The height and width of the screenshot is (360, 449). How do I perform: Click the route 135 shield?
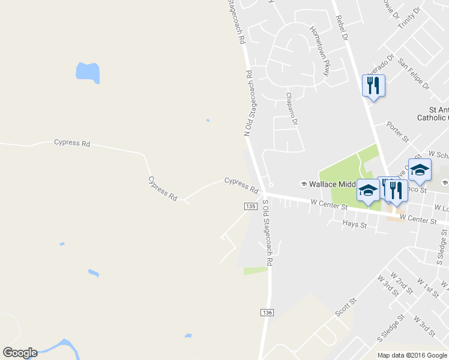[251, 206]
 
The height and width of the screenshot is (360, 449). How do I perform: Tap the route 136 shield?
[268, 313]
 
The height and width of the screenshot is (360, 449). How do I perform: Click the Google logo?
[20, 353]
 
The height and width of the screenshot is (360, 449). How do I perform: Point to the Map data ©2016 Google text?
[412, 355]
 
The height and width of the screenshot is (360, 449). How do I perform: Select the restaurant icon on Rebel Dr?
[373, 86]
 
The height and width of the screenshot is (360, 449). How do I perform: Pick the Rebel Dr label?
[342, 28]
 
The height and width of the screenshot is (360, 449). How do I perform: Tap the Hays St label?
[354, 224]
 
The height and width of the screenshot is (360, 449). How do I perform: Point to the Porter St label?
[397, 131]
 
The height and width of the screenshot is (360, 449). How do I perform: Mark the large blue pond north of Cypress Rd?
[88, 73]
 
